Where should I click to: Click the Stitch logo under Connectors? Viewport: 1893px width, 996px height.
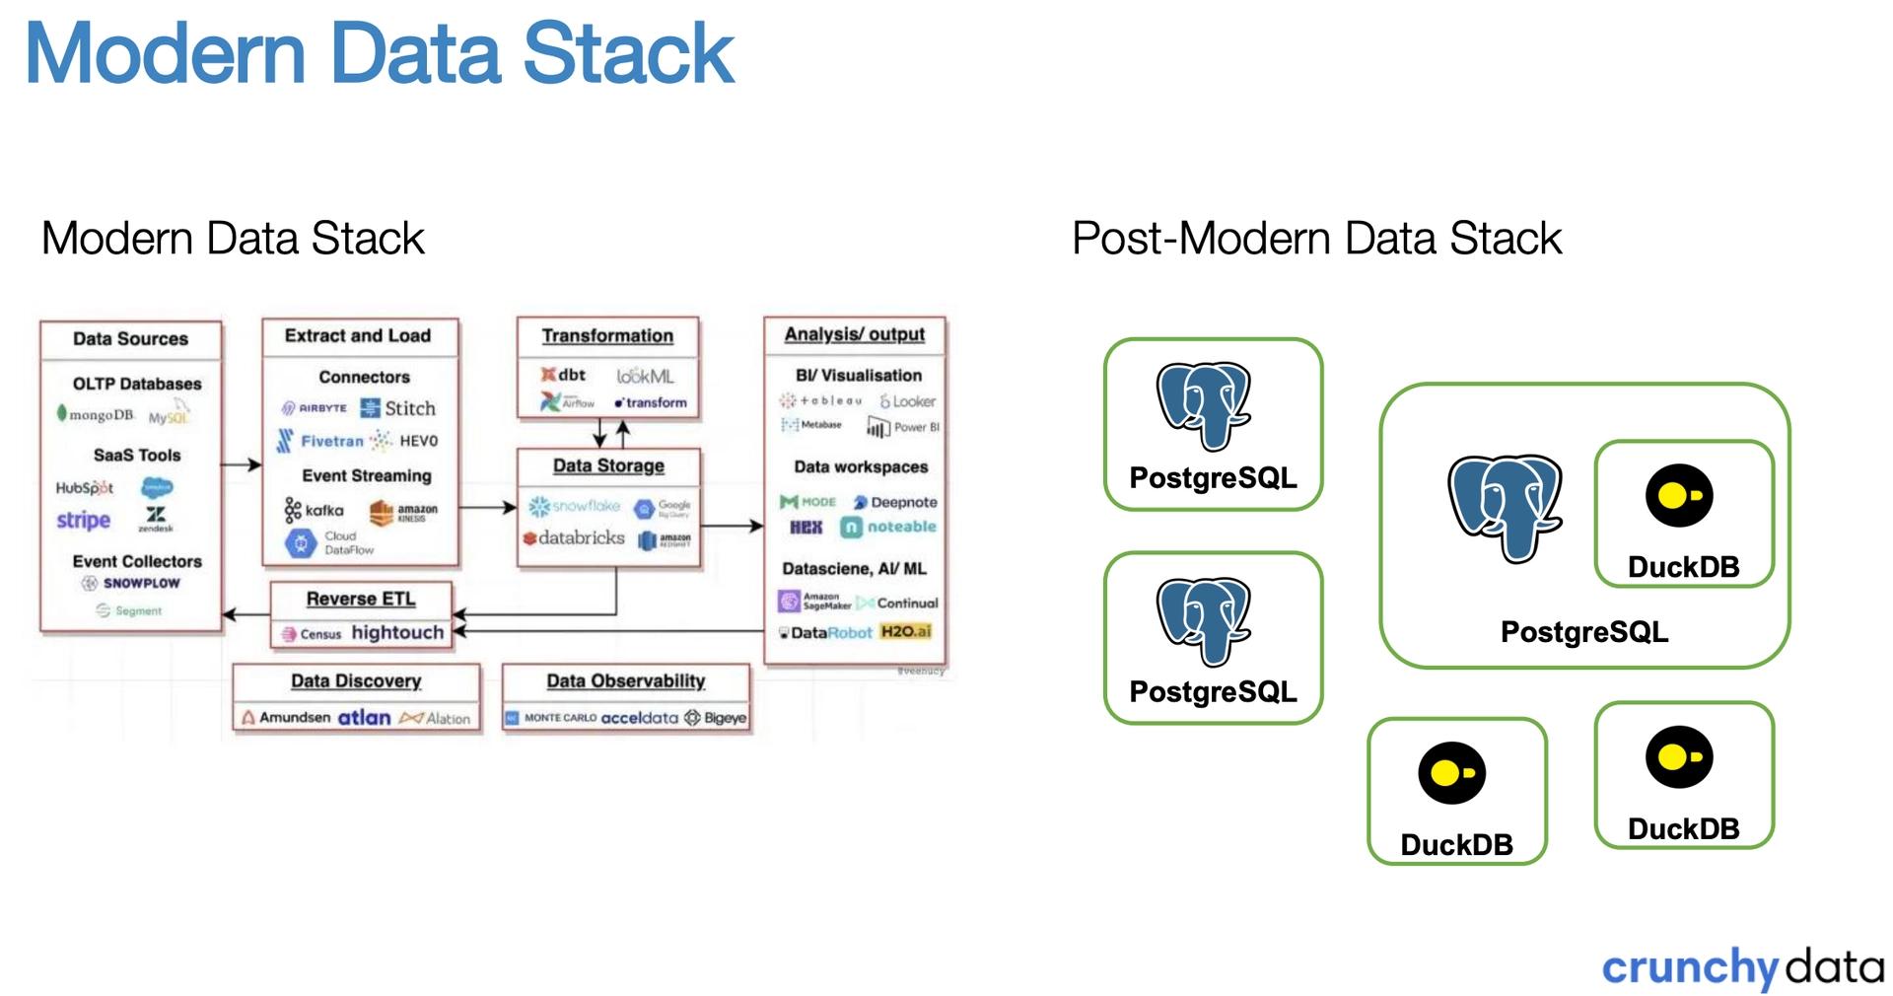pos(398,408)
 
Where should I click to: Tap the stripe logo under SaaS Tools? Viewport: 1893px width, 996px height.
pos(83,520)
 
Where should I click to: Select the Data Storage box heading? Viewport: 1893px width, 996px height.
pos(608,465)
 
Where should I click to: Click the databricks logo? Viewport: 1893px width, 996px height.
pos(574,538)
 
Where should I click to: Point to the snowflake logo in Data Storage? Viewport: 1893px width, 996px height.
pos(575,506)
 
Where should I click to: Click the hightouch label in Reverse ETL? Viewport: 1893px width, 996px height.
pos(397,632)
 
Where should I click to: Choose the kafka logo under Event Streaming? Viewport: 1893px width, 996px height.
pos(315,510)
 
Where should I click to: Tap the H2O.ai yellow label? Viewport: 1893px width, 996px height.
pos(905,631)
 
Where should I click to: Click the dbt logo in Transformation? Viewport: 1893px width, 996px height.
pos(563,375)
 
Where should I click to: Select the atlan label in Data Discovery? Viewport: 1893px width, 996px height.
pos(364,718)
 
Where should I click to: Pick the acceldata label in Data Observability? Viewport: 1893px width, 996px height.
pos(639,718)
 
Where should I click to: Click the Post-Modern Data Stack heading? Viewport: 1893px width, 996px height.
pos(1316,239)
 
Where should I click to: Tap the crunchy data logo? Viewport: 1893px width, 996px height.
pos(1742,967)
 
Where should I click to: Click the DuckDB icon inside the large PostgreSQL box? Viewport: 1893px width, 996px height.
pos(1679,496)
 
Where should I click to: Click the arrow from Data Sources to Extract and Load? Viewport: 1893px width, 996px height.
pos(241,464)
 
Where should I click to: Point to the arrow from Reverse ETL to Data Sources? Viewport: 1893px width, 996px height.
pos(245,614)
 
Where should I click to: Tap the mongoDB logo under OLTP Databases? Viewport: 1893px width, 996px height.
pos(95,415)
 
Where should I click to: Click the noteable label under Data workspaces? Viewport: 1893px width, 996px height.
pos(889,528)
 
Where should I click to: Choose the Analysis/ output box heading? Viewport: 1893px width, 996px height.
pos(854,334)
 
